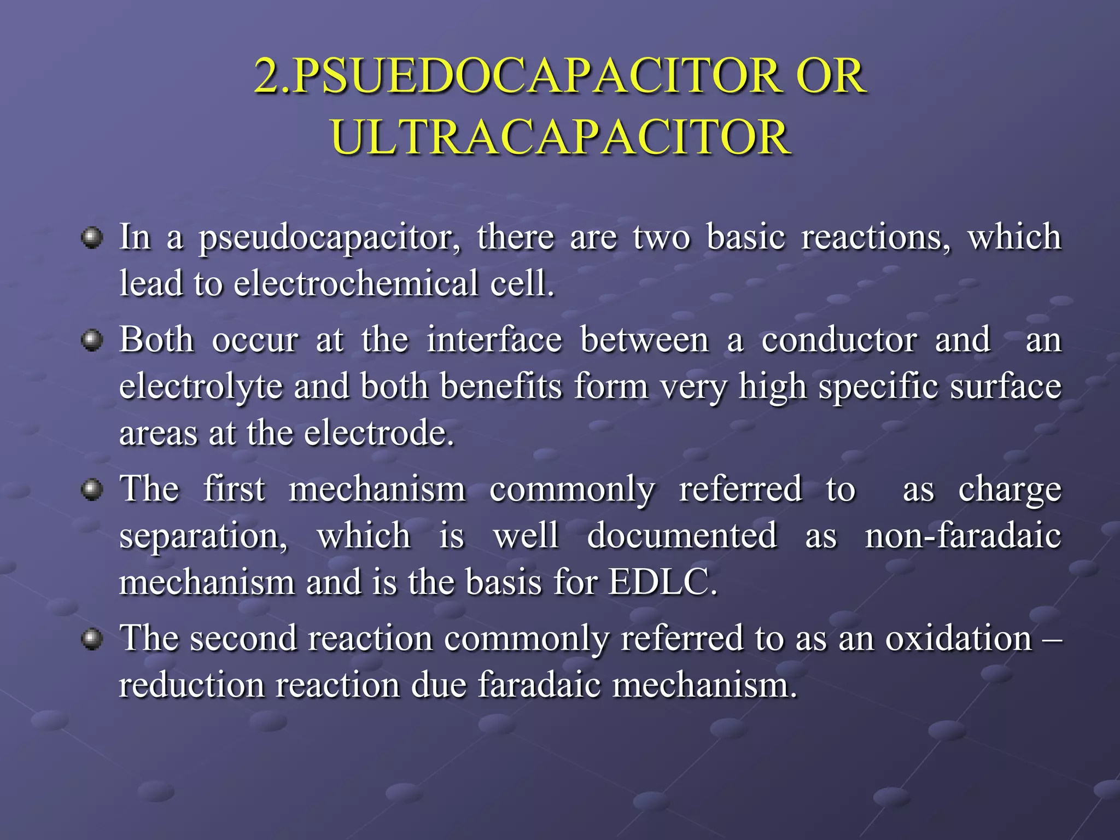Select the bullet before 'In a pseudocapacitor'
pos(92,238)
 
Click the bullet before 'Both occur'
pos(92,340)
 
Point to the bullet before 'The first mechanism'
pos(92,489)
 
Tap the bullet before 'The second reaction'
pos(92,639)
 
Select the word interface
pos(494,340)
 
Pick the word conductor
pos(839,340)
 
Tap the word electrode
pos(378,434)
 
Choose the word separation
pos(203,536)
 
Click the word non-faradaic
pos(963,535)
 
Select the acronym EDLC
pos(662,582)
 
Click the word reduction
pos(191,685)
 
